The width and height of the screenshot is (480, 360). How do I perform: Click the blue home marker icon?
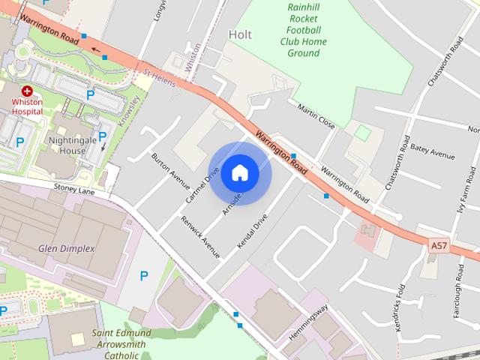[239, 173]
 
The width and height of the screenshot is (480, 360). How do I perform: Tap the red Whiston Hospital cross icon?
[27, 90]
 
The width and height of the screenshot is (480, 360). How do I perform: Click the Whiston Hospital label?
[27, 106]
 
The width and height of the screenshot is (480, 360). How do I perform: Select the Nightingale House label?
[67, 145]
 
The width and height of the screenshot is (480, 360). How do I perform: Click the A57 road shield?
[439, 244]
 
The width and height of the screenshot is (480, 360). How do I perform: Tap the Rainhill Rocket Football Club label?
[303, 30]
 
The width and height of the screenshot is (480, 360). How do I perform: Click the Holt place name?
[240, 34]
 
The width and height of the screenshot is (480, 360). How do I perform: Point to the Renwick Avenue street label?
[200, 237]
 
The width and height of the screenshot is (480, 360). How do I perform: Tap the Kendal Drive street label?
[252, 232]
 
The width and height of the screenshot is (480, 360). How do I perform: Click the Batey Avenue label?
[433, 152]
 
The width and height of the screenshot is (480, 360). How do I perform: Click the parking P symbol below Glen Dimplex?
[143, 277]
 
